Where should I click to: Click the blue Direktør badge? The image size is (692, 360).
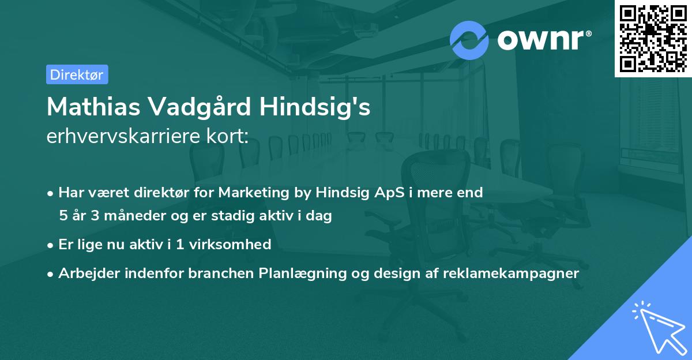coord(77,74)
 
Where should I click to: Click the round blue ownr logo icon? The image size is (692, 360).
coord(469,40)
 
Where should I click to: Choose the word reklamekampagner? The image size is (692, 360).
coord(511,273)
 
